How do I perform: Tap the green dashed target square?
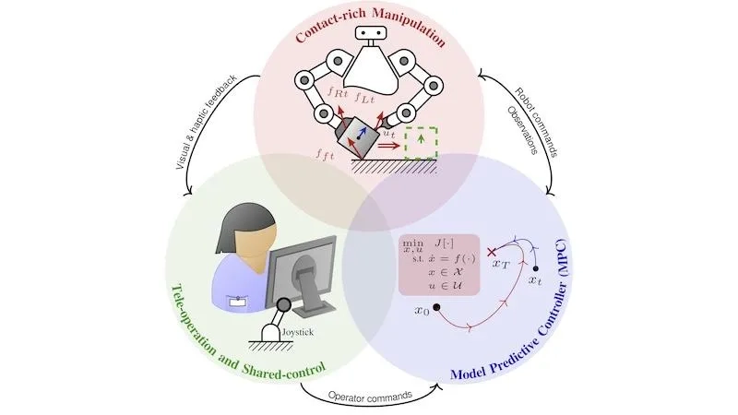click(x=422, y=143)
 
